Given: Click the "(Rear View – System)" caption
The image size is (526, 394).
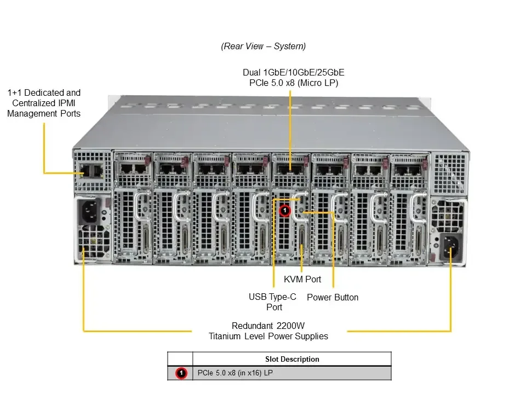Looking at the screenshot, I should click(263, 46).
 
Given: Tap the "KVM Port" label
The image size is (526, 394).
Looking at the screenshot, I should click(302, 280).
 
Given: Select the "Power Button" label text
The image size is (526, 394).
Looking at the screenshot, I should click(333, 297).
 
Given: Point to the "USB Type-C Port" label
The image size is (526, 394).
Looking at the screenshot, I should click(272, 302).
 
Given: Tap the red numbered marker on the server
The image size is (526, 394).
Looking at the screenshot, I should click(284, 210).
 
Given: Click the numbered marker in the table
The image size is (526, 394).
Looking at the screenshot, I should click(180, 373).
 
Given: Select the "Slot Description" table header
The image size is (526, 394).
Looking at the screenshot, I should click(291, 359).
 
